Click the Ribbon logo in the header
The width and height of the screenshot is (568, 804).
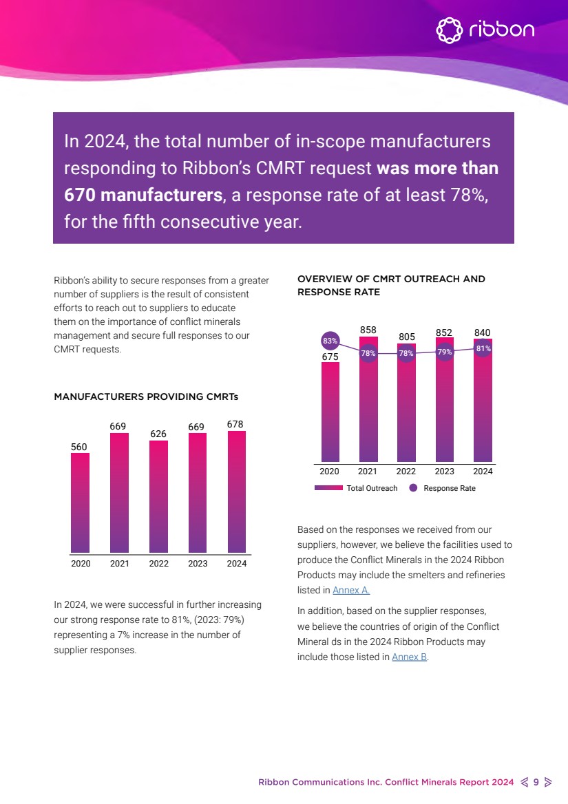pos(485,30)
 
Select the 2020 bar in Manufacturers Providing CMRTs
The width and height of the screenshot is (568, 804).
pos(81,502)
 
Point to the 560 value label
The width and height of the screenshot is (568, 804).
pos(80,447)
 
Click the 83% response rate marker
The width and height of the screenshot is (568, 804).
pos(330,341)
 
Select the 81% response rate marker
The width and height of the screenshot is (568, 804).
pos(483,348)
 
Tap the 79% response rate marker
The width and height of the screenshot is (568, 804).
pos(445,352)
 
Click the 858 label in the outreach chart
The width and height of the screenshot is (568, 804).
pos(368,330)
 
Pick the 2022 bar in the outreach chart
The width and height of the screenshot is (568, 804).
pos(406,413)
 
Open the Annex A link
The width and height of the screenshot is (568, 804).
pos(351,590)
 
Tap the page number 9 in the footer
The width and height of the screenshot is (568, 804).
pos(536,782)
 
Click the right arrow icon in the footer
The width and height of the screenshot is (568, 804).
pos(547,782)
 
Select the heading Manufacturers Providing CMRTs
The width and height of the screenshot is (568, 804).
pos(146,396)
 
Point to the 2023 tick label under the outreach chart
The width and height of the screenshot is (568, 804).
pos(444,472)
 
